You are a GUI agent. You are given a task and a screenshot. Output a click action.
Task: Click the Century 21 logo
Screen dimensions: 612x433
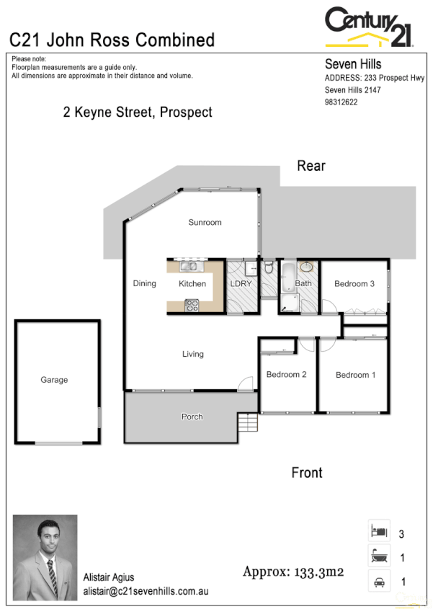click(x=368, y=27)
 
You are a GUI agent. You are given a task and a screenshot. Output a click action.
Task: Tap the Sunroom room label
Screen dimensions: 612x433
click(x=205, y=222)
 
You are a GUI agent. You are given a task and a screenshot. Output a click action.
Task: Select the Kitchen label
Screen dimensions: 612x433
click(x=192, y=283)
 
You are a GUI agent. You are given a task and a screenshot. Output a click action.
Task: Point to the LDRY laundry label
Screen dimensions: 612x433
click(x=240, y=283)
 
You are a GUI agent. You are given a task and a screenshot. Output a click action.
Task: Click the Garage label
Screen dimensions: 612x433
click(x=54, y=380)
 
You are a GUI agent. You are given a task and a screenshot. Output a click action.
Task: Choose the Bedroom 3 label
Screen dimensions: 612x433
click(x=354, y=284)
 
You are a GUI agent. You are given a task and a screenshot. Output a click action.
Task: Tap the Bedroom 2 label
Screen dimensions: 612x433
click(x=287, y=375)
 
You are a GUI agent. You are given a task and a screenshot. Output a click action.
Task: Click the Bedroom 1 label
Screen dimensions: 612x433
click(x=355, y=375)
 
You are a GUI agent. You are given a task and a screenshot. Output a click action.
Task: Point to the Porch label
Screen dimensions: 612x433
click(x=192, y=417)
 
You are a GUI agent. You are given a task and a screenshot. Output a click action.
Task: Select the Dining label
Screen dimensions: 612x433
click(x=144, y=283)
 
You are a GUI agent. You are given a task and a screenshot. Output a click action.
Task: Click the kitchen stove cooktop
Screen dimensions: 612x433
click(x=192, y=305)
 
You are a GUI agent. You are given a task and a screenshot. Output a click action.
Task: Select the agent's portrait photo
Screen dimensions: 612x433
click(x=45, y=557)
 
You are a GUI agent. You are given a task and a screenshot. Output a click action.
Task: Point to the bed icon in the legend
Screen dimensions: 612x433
click(x=379, y=531)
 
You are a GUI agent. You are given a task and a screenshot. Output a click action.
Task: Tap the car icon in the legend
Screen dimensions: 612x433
click(x=379, y=581)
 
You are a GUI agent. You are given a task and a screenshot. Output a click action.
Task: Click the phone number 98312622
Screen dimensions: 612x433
click(x=342, y=102)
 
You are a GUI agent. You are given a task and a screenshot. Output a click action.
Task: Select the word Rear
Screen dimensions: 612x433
click(x=311, y=166)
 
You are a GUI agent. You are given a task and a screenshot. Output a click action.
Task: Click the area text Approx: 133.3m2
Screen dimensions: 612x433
click(x=293, y=573)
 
